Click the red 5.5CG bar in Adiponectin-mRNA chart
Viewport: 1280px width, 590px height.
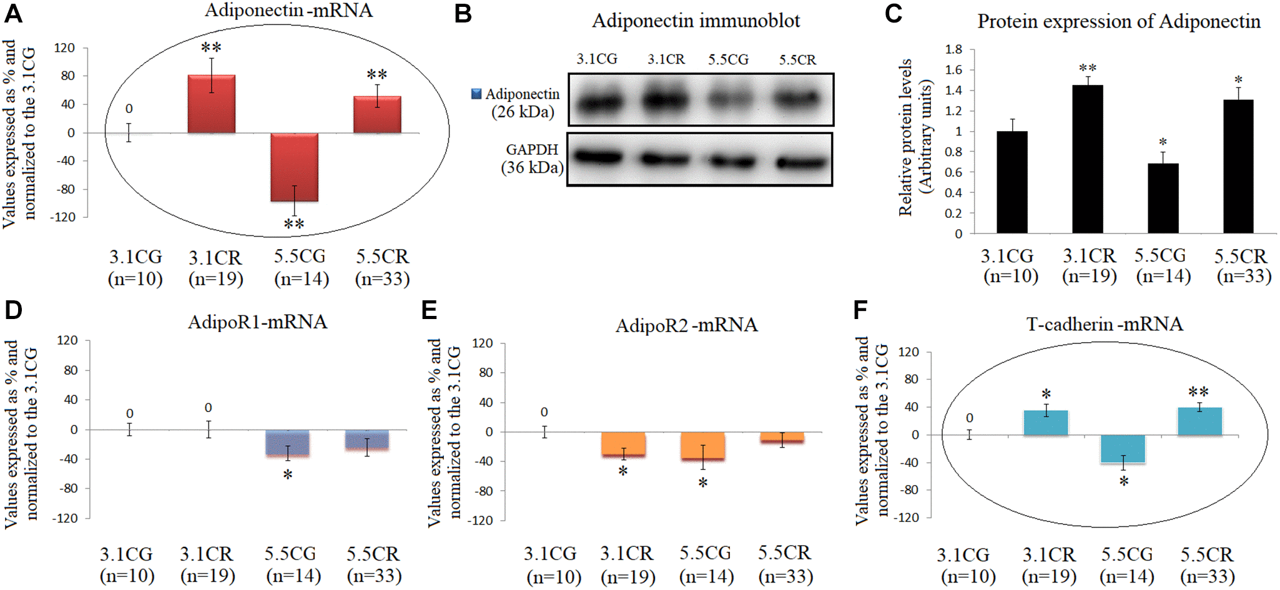point(294,167)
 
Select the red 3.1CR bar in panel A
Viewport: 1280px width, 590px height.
point(212,104)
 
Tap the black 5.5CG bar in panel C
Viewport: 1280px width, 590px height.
point(1163,199)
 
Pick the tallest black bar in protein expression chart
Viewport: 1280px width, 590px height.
point(1087,159)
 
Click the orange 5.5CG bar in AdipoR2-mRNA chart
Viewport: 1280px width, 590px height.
point(702,446)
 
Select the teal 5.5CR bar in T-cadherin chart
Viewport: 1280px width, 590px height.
point(1199,421)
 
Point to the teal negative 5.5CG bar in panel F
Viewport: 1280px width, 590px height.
point(1123,449)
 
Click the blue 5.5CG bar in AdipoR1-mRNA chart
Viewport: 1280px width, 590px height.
point(287,443)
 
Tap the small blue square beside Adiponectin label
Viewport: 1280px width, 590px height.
point(476,94)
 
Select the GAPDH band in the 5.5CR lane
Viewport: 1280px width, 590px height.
point(801,162)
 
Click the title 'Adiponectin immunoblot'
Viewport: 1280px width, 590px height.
point(696,21)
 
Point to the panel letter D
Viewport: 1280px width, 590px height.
point(13,310)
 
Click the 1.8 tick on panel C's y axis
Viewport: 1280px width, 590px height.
point(953,49)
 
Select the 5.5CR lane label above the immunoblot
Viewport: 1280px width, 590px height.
point(797,60)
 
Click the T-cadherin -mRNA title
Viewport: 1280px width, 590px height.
point(1104,324)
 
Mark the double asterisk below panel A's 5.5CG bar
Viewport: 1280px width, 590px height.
point(294,224)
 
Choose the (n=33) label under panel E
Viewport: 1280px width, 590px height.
point(785,576)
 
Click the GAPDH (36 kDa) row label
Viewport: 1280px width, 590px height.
point(533,159)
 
